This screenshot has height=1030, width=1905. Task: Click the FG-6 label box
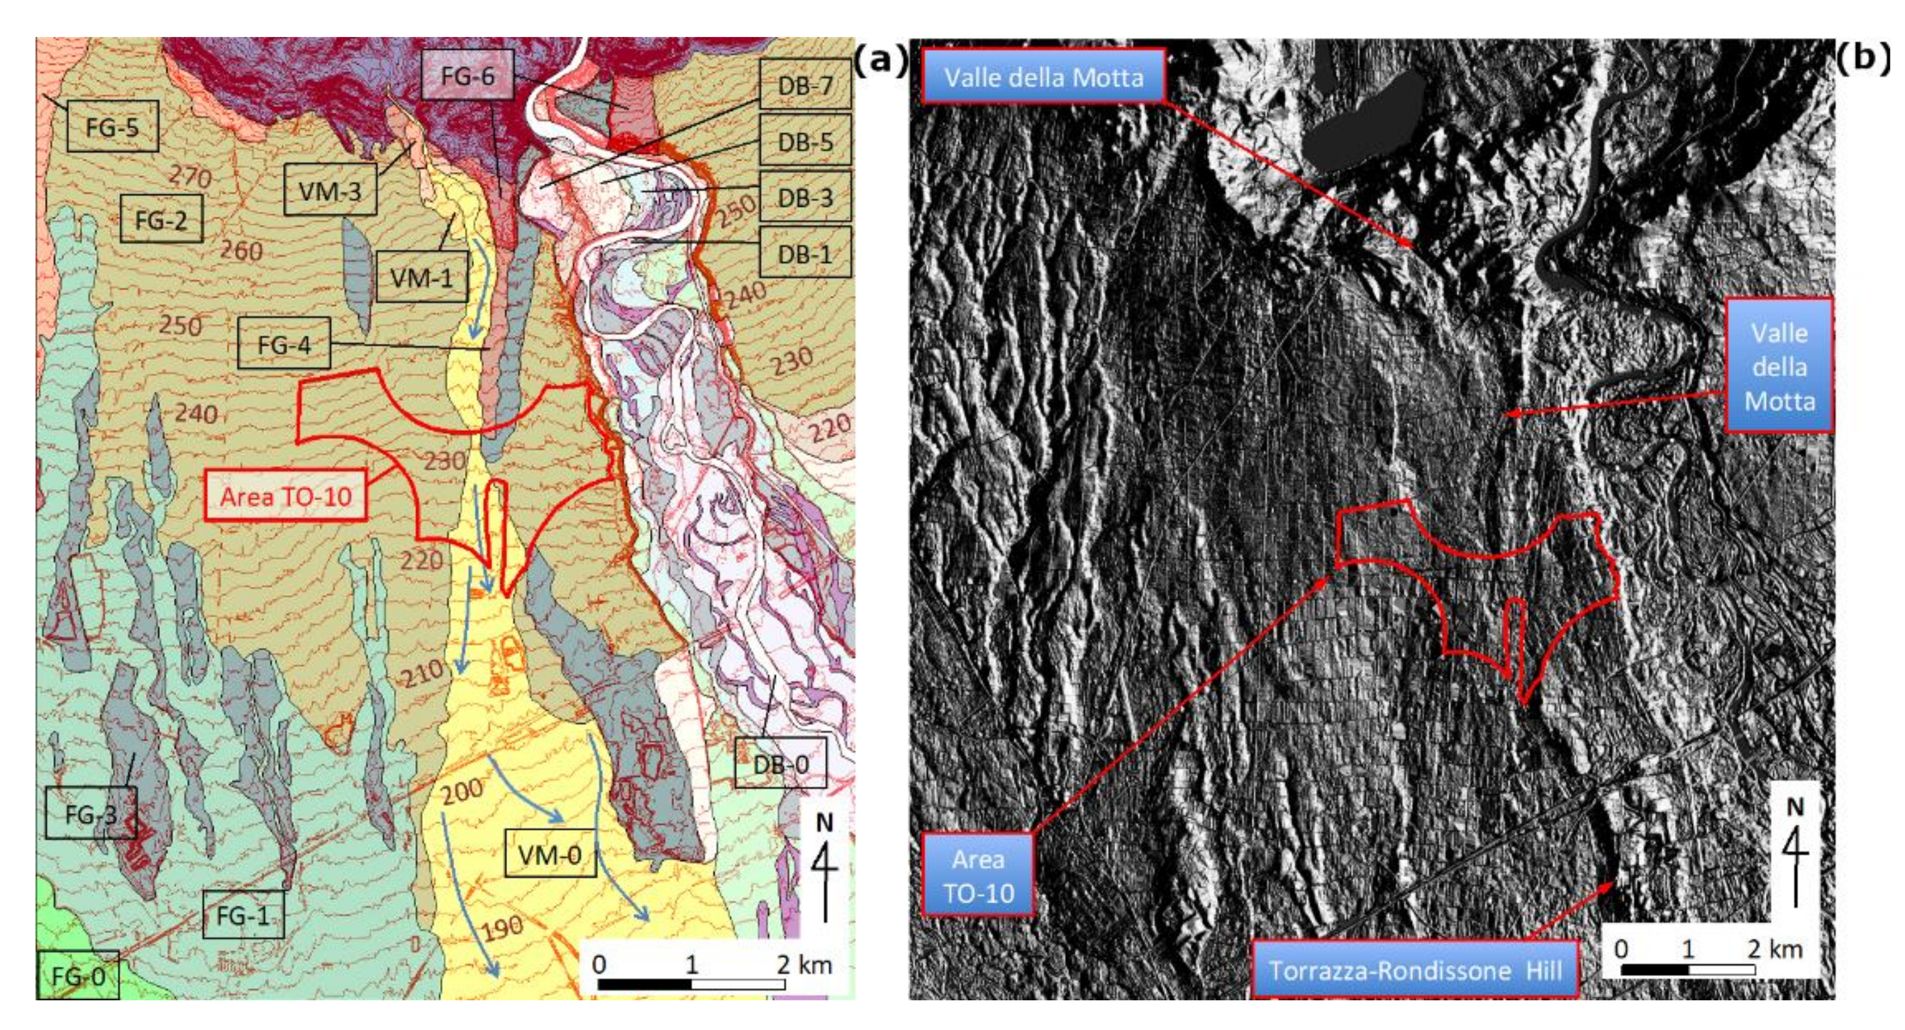pyautogui.click(x=467, y=75)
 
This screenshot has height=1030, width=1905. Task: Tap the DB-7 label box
pyautogui.click(x=805, y=84)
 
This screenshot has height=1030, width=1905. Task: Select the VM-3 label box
pyautogui.click(x=330, y=190)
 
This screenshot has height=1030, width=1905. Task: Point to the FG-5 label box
pyautogui.click(x=113, y=127)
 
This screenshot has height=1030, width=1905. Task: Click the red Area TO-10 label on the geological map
pyautogui.click(x=285, y=496)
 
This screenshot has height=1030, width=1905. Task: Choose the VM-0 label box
pyautogui.click(x=550, y=855)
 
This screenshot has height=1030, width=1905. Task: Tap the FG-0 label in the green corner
pyautogui.click(x=78, y=976)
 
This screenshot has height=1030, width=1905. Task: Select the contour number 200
pyautogui.click(x=462, y=792)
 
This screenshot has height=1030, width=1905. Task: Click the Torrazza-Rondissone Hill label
pyautogui.click(x=1415, y=969)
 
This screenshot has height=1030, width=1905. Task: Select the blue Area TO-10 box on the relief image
pyautogui.click(x=977, y=875)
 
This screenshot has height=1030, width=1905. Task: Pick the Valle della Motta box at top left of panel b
pyautogui.click(x=1043, y=77)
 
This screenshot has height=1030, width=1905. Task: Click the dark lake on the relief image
pyautogui.click(x=1365, y=122)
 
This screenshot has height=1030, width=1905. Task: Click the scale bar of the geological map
pyautogui.click(x=691, y=983)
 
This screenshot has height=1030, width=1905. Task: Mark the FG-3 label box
pyautogui.click(x=91, y=813)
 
